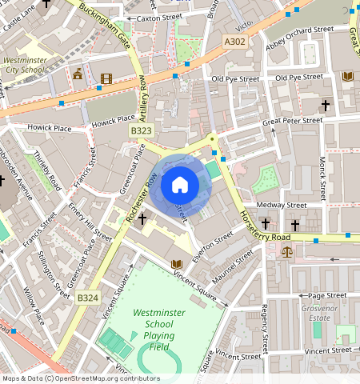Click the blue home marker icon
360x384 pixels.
(180, 186)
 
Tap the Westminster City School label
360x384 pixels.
(25, 64)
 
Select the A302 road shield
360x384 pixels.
(235, 42)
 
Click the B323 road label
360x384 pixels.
(141, 130)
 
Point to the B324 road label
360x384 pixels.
(88, 298)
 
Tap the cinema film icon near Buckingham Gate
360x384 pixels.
(106, 78)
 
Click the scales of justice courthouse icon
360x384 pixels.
(287, 251)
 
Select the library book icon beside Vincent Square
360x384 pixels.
(176, 264)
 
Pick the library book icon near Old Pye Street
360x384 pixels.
(346, 77)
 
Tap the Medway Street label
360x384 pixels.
(286, 205)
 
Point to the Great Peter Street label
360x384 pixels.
(293, 121)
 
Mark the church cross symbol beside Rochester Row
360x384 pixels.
(142, 218)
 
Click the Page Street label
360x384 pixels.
(326, 295)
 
